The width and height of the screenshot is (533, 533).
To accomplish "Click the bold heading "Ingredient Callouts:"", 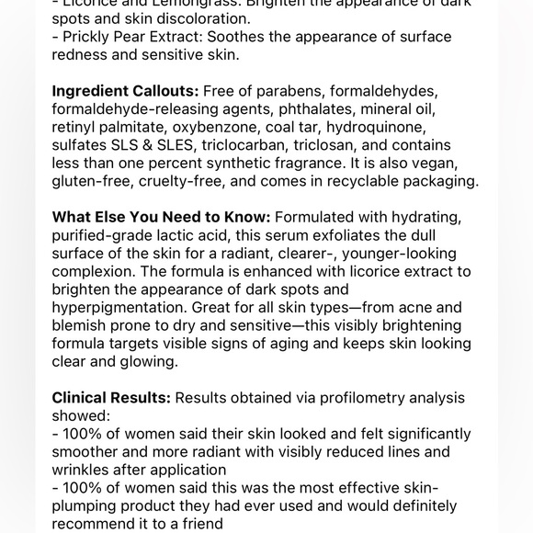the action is pyautogui.click(x=125, y=92).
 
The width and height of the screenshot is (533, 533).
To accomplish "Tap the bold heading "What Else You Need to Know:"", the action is pyautogui.click(x=161, y=218).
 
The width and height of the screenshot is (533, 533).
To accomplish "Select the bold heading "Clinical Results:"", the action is pyautogui.click(x=111, y=398).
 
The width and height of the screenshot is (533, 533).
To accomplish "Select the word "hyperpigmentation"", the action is pyautogui.click(x=120, y=308).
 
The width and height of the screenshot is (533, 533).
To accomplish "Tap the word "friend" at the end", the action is pyautogui.click(x=200, y=524).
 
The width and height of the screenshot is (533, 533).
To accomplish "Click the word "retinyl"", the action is pyautogui.click(x=76, y=128).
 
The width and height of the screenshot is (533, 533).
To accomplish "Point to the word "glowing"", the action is pyautogui.click(x=148, y=362).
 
